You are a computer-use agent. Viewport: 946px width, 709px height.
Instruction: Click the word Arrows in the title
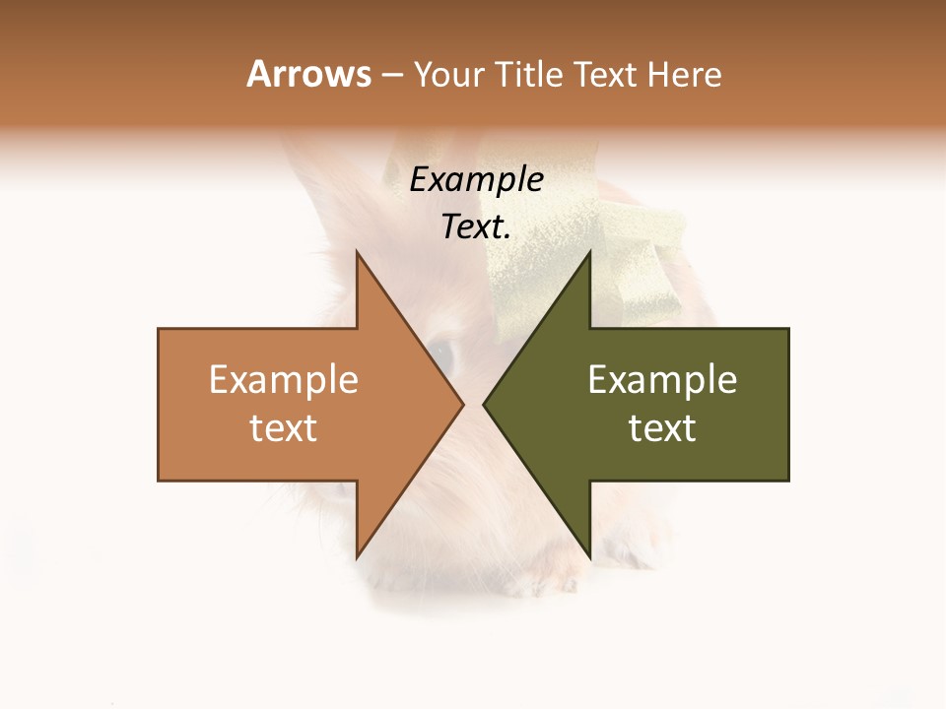coord(308,74)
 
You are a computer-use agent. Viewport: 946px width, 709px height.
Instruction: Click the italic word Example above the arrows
coord(476,180)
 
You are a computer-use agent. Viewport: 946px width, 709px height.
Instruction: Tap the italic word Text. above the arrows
coord(476,227)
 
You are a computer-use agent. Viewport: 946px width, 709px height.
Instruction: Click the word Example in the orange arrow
coord(283,380)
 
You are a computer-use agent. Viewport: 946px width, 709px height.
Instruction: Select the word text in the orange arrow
coord(283,428)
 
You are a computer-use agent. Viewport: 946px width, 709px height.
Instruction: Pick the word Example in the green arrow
coord(662,380)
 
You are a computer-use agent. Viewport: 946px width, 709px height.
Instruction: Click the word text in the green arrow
coord(662,428)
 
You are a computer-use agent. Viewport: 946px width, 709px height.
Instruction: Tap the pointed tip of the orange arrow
coord(461,404)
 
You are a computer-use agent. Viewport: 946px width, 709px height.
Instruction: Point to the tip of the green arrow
coord(485,404)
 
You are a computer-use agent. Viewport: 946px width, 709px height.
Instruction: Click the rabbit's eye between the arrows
coord(440,356)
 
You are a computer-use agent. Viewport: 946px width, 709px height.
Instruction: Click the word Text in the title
coord(606,75)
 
